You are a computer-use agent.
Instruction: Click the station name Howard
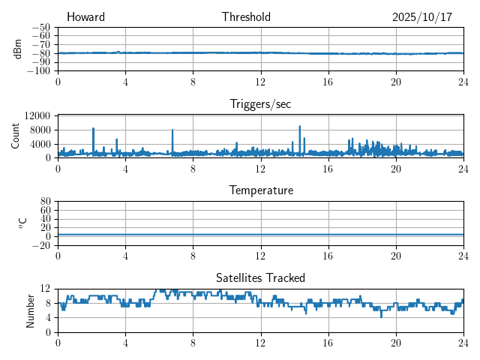pyautogui.click(x=85, y=17)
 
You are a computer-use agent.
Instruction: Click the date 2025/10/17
pyautogui.click(x=421, y=17)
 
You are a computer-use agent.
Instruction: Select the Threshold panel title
pyautogui.click(x=246, y=17)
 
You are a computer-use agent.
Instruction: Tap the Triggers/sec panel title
pyautogui.click(x=260, y=104)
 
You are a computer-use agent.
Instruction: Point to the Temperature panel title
pyautogui.click(x=260, y=190)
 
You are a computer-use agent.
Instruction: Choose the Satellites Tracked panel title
pyautogui.click(x=260, y=277)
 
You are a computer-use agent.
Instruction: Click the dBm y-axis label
pyautogui.click(x=18, y=49)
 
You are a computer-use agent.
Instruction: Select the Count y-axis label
pyautogui.click(x=15, y=136)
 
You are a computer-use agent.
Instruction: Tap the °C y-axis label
pyautogui.click(x=22, y=223)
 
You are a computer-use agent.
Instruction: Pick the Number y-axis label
pyautogui.click(x=30, y=310)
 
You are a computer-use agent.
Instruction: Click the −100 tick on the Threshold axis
pyautogui.click(x=39, y=71)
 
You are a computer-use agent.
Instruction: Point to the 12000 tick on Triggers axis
pyautogui.click(x=37, y=115)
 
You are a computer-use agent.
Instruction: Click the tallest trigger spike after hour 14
pyautogui.click(x=300, y=127)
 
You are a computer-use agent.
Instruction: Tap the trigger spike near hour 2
pyautogui.click(x=93, y=129)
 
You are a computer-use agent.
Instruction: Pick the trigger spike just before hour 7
pyautogui.click(x=172, y=130)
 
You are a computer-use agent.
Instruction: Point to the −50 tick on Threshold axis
pyautogui.click(x=41, y=27)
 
